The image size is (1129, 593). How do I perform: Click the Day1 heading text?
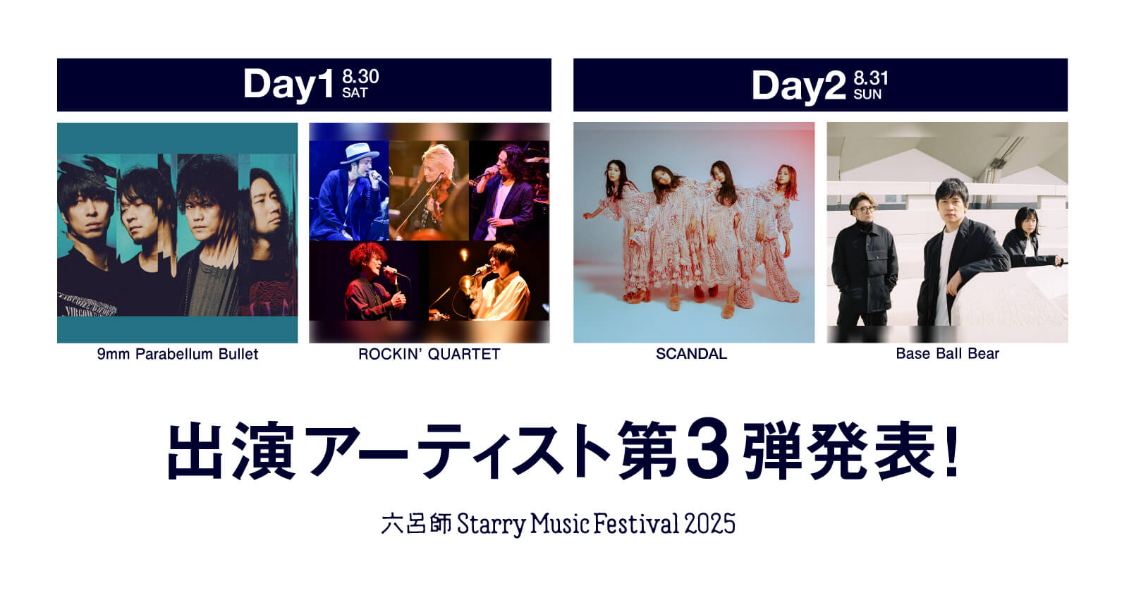(x=288, y=85)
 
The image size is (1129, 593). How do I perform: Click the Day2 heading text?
(x=798, y=86)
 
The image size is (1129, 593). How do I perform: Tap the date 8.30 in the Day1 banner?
(x=360, y=76)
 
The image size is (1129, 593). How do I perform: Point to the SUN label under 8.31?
(x=867, y=94)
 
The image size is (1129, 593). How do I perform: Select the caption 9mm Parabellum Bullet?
(x=178, y=354)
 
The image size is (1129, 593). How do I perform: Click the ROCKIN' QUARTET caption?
(x=429, y=354)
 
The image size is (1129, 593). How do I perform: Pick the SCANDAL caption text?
(x=691, y=354)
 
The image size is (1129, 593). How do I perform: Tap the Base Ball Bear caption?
(x=947, y=354)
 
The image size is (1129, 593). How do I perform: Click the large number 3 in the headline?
(x=707, y=450)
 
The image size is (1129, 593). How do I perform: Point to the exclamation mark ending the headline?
(x=952, y=451)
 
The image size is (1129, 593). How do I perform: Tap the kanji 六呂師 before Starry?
(x=416, y=524)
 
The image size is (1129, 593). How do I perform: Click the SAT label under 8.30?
(x=355, y=93)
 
